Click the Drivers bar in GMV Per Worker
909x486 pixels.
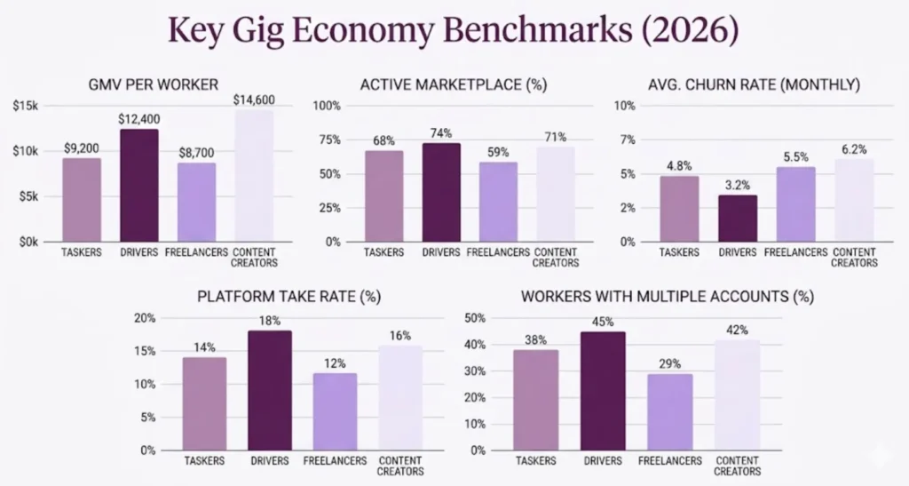click(138, 185)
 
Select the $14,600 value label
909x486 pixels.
click(254, 100)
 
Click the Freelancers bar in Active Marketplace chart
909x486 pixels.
click(498, 202)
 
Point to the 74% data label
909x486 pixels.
click(441, 132)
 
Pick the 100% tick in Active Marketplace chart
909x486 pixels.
click(328, 106)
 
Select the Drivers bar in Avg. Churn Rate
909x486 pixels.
click(738, 218)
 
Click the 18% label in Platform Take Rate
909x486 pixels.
click(270, 320)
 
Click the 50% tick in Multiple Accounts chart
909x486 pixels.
click(474, 318)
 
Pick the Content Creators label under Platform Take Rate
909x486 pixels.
click(401, 466)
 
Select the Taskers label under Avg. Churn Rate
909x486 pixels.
click(679, 251)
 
